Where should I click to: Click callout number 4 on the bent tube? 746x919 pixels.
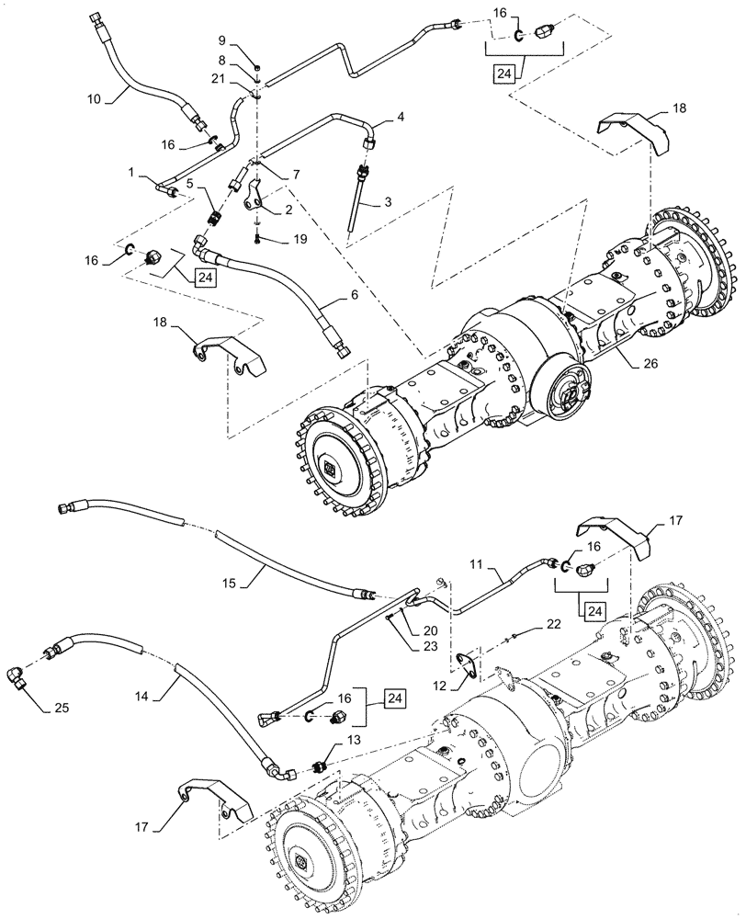(x=401, y=118)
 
